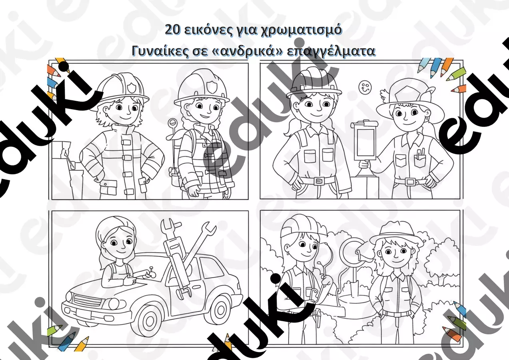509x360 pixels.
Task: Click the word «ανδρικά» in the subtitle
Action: tap(248, 51)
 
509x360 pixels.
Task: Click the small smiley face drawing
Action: tap(365, 87)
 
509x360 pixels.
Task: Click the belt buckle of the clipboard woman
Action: tap(410, 181)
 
